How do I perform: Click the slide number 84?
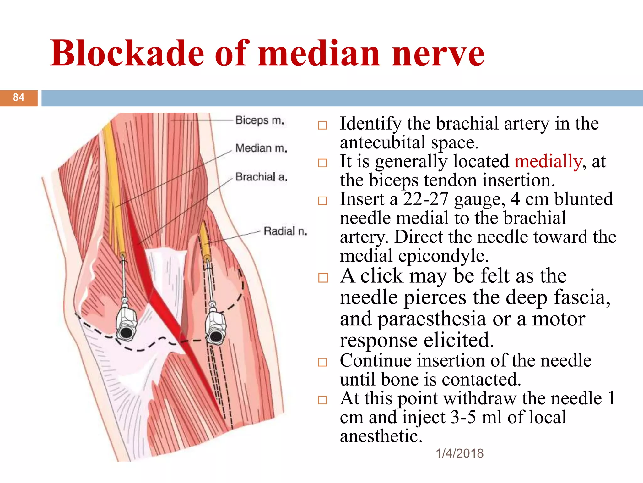point(19,97)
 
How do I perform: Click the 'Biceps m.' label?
point(260,120)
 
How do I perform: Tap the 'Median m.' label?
point(261,148)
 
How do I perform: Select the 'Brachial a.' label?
point(261,177)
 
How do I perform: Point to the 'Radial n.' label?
point(285,231)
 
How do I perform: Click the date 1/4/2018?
point(460,453)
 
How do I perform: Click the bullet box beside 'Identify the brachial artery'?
point(322,125)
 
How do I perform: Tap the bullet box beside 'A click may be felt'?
point(323,278)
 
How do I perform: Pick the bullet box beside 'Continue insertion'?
point(322,362)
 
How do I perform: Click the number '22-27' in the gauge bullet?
point(425,199)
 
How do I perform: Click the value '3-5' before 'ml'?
point(463,418)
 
